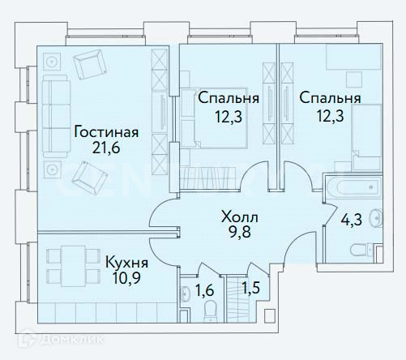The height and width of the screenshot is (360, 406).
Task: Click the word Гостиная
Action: (x=106, y=132)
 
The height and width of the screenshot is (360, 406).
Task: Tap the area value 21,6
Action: (x=106, y=148)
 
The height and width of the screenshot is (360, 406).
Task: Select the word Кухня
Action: (x=126, y=263)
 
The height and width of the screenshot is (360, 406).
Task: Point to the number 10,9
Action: (x=126, y=278)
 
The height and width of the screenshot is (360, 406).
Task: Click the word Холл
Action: (x=239, y=217)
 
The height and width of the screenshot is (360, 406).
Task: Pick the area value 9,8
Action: (x=240, y=232)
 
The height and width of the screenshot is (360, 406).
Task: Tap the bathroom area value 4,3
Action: (x=351, y=220)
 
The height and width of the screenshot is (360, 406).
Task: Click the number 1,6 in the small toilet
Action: (x=204, y=290)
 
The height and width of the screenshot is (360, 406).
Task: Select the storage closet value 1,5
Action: (x=250, y=288)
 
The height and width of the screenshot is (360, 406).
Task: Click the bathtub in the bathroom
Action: (x=354, y=186)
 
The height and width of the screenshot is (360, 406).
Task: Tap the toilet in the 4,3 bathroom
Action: (x=363, y=250)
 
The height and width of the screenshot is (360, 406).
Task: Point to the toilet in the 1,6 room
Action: (x=211, y=311)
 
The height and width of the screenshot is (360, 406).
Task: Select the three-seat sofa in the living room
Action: (x=56, y=116)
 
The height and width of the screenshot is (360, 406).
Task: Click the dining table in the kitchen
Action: (x=73, y=266)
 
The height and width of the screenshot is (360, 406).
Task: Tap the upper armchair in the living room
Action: (x=89, y=64)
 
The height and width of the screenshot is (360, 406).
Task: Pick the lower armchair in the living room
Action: (x=89, y=178)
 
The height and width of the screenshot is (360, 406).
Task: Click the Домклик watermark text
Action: (x=72, y=339)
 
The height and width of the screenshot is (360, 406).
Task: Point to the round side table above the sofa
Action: (x=51, y=62)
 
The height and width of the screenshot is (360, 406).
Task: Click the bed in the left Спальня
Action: (x=214, y=118)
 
